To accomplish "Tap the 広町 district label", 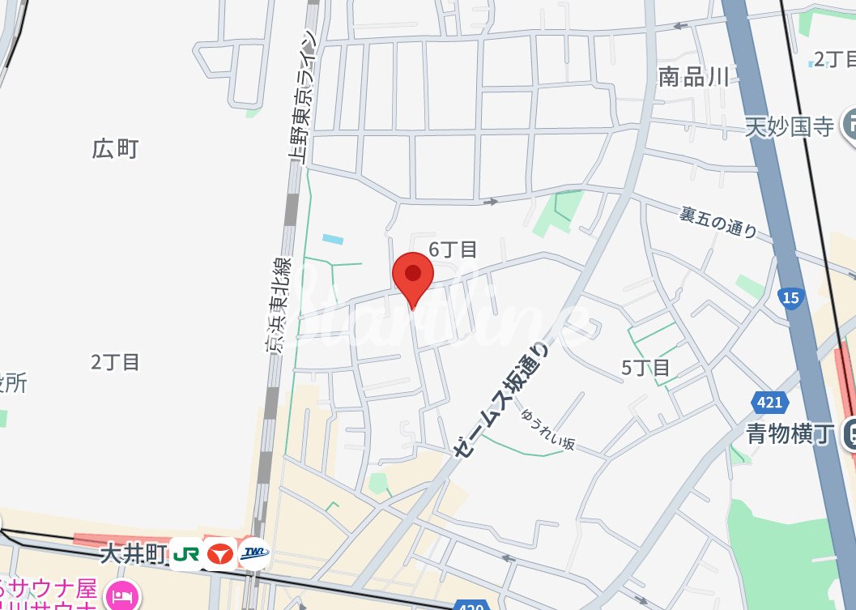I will point(115,149).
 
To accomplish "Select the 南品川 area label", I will point(693,77).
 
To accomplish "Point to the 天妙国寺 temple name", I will point(789,126).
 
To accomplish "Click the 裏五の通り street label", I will point(718,221).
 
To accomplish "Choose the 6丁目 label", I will point(453,250).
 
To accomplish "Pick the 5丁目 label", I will point(645,368).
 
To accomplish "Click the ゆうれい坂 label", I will point(548,429).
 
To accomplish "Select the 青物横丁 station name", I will point(789,434).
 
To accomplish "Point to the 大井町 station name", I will point(133,554).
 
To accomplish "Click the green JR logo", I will point(186,554).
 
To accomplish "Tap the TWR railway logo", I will point(254,553).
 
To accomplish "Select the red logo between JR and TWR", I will point(220,554).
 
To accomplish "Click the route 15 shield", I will point(791,298).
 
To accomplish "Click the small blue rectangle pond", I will point(332,239).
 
